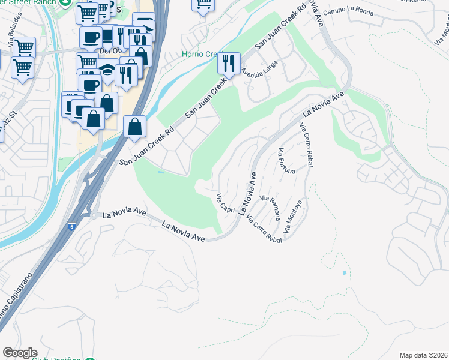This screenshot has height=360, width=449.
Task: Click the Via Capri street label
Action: tap(226, 202)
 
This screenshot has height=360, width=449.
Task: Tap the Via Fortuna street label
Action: tap(286, 160)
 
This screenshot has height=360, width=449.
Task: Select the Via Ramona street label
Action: tap(270, 206)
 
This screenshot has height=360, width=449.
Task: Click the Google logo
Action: tap(20, 353)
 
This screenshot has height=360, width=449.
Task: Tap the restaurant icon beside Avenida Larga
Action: tap(229, 62)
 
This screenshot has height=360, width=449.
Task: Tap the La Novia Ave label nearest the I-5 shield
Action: tap(125, 212)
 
